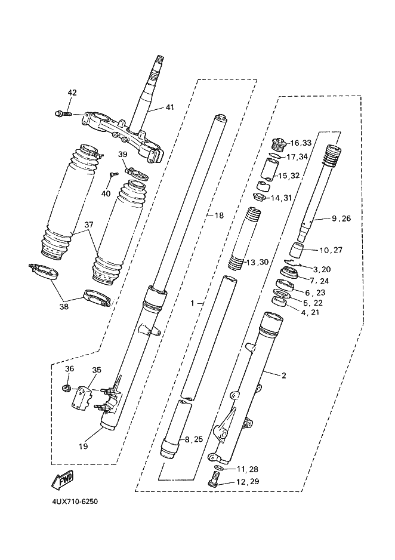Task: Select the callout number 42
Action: [72, 93]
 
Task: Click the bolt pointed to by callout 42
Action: [63, 114]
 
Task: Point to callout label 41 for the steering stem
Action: [170, 107]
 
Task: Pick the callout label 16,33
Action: [301, 143]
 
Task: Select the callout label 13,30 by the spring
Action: [257, 262]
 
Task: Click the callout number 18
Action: [219, 216]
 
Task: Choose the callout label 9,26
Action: [341, 219]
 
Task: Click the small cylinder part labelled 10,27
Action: [296, 250]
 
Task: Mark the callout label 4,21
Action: [310, 312]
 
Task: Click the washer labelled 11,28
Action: [219, 468]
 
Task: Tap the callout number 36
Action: [70, 368]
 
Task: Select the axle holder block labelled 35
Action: [82, 397]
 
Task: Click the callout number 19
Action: [84, 446]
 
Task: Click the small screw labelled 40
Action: [114, 174]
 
